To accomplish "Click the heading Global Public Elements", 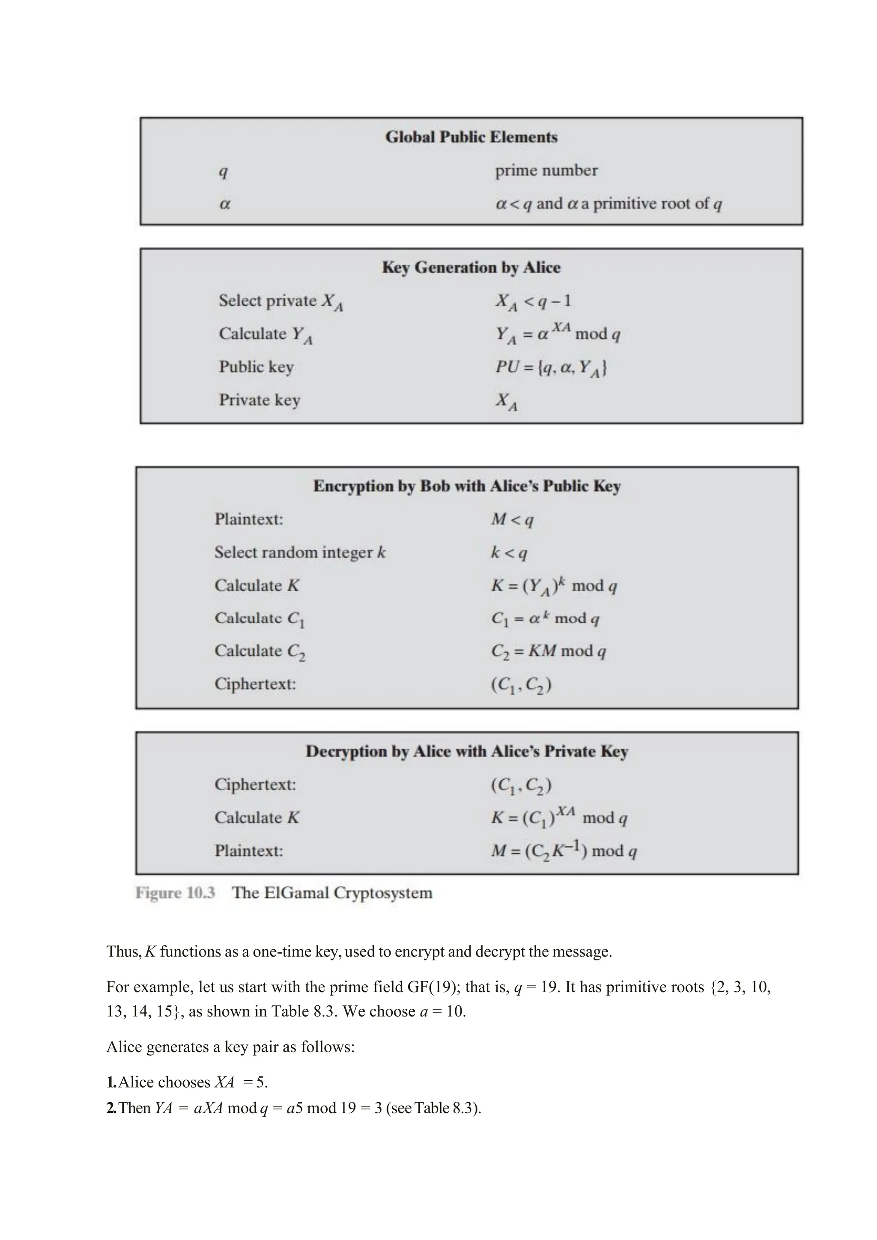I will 471,137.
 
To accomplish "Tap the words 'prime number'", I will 546,171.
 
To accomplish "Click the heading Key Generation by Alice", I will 471,268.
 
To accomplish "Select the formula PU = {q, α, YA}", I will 551,368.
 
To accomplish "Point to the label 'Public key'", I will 256,367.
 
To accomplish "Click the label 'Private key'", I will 259,400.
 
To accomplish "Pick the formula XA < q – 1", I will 533,301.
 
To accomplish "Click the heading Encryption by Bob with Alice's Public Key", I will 467,486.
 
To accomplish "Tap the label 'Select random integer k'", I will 300,552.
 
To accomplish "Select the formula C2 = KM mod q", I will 548,651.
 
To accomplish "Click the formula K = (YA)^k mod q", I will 554,586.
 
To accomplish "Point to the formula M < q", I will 512,519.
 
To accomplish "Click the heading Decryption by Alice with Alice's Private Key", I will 467,752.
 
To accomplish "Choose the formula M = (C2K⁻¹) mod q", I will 563,851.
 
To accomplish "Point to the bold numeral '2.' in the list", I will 112,1108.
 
